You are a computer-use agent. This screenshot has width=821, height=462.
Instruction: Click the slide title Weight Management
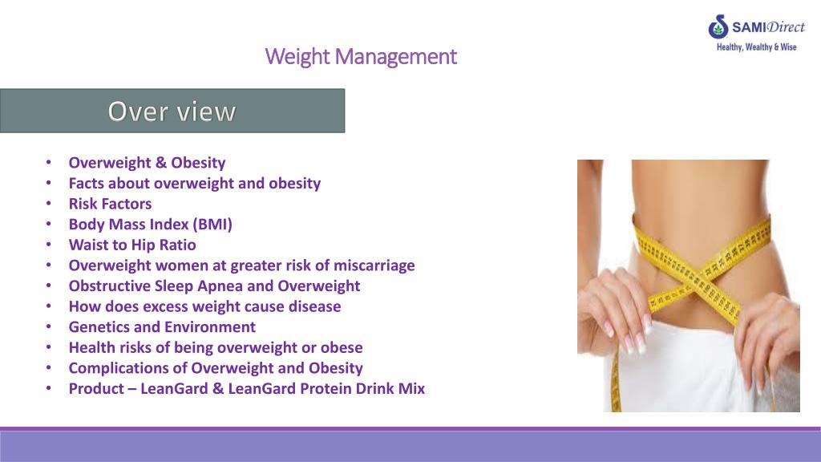361,57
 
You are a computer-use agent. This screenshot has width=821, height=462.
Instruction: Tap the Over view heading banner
172,111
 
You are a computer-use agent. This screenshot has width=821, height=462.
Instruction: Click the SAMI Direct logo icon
718,27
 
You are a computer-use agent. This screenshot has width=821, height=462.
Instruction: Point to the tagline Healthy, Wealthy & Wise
756,47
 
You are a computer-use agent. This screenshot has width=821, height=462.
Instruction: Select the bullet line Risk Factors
110,204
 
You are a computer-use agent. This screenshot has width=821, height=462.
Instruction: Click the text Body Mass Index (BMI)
150,225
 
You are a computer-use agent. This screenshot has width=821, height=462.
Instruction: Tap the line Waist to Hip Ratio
132,245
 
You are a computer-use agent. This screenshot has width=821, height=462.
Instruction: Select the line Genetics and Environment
162,327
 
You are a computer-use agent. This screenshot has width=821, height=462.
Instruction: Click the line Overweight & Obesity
147,163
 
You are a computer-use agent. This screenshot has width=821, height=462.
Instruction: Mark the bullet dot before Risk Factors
50,204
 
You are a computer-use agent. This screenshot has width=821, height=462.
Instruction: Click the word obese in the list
342,347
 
